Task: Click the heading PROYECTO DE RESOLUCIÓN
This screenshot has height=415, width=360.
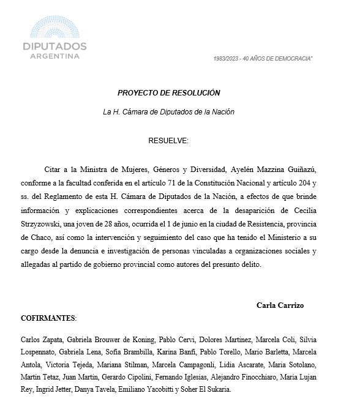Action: [168, 93]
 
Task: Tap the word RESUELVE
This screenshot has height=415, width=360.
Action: [168, 141]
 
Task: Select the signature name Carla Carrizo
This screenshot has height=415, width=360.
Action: [280, 304]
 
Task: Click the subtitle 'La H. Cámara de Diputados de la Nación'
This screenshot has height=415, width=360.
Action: [168, 112]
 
